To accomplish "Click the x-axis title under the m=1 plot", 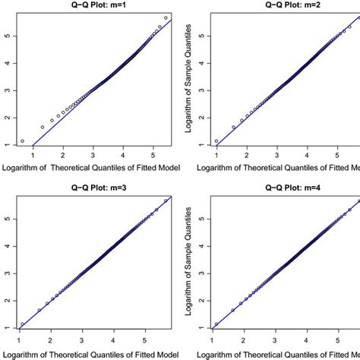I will pos(90,167).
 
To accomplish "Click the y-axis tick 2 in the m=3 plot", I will pos(6,299).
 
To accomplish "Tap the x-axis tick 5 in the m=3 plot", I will pos(153,339).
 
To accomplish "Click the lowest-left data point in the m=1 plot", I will pos(23,141).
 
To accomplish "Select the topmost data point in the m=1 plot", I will pos(166,17).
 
